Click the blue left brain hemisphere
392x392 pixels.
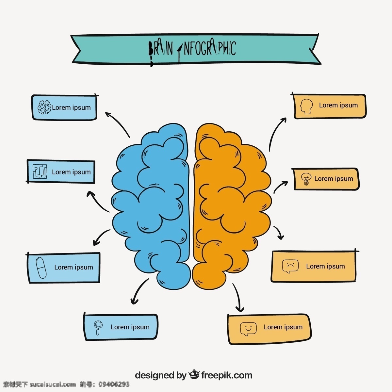click(x=151, y=205)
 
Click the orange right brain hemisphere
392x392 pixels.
click(x=232, y=205)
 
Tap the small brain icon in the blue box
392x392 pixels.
click(x=44, y=107)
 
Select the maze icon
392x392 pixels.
click(x=40, y=171)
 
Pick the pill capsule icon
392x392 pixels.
click(x=41, y=268)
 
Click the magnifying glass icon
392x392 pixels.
click(x=98, y=327)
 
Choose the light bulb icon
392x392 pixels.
click(x=306, y=179)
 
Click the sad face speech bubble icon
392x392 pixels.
click(x=290, y=266)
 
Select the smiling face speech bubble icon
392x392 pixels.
click(x=248, y=329)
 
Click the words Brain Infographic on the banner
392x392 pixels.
click(x=192, y=49)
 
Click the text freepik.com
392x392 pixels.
click(x=227, y=375)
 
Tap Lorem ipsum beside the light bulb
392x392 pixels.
click(x=334, y=179)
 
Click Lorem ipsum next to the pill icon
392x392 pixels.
click(x=73, y=267)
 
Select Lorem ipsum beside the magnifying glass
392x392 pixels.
click(x=130, y=327)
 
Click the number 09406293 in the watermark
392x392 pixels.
click(x=114, y=384)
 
